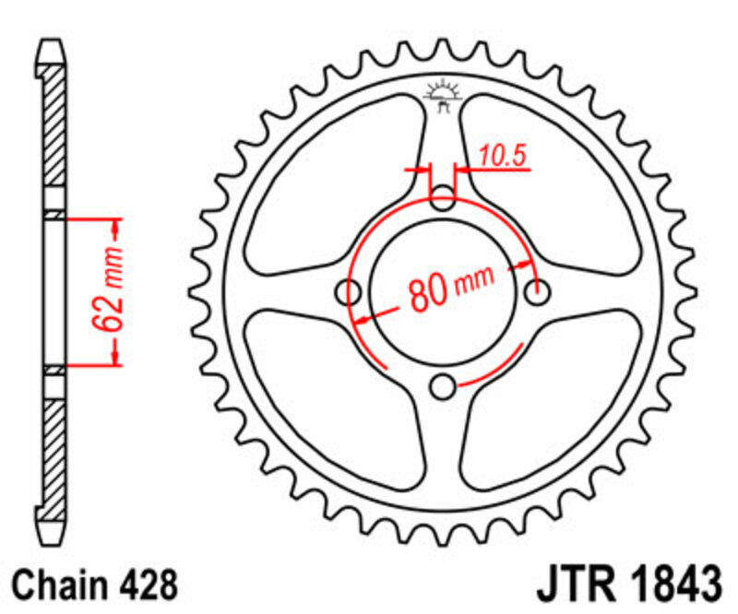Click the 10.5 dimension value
click(502, 157)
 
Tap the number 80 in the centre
click(427, 293)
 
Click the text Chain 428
click(95, 584)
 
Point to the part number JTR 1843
click(627, 584)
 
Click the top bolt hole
click(444, 197)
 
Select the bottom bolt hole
click(444, 384)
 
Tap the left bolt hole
click(350, 291)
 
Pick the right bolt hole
click(537, 291)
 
